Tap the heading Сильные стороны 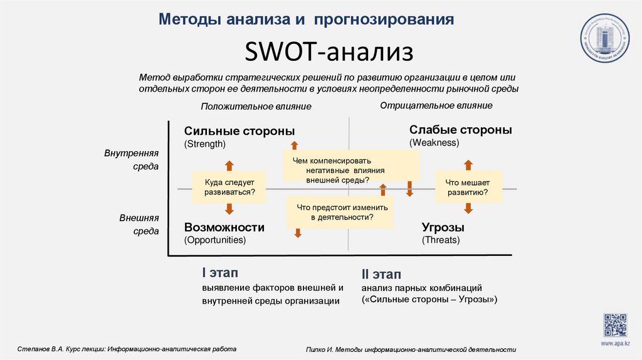239,130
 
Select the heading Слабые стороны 460,130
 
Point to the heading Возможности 224,227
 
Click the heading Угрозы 443,227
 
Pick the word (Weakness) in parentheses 434,143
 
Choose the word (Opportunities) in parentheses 214,240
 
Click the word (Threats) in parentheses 441,240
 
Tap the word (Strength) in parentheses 204,144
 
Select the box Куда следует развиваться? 229,187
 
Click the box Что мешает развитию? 469,187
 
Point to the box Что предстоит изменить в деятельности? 340,212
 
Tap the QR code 615,325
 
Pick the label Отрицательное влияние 436,105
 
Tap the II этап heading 381,275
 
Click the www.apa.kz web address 615,344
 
